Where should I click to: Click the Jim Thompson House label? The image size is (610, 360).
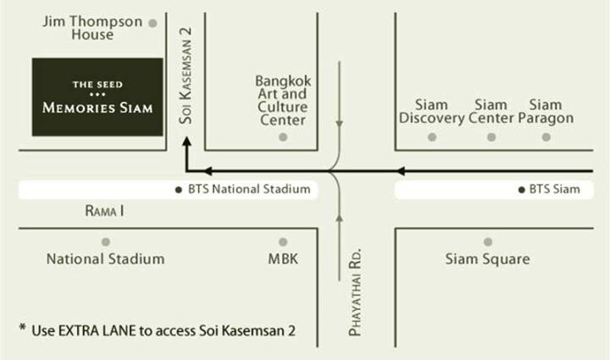[92, 28]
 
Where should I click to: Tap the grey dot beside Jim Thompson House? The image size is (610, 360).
[152, 24]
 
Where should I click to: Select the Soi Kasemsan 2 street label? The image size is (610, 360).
[186, 75]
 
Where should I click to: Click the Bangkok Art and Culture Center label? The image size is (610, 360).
[283, 100]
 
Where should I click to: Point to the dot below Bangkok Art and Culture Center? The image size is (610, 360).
[283, 137]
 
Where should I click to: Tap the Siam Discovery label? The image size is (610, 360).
[431, 111]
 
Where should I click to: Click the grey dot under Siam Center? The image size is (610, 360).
[491, 137]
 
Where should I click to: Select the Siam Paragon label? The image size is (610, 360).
[546, 111]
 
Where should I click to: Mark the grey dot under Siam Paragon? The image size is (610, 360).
[546, 137]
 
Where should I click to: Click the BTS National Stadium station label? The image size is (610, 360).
[249, 190]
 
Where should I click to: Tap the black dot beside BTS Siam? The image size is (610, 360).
[522, 190]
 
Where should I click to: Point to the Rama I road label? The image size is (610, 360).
[105, 211]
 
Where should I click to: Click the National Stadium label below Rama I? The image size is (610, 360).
[105, 259]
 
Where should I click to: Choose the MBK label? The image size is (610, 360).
[283, 259]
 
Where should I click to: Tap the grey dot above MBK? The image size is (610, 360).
[283, 241]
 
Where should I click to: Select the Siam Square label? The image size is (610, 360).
[487, 259]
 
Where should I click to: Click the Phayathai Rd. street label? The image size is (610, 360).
[355, 291]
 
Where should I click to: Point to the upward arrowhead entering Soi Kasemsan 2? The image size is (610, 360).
[187, 141]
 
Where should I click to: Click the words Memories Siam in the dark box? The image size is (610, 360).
[97, 108]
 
